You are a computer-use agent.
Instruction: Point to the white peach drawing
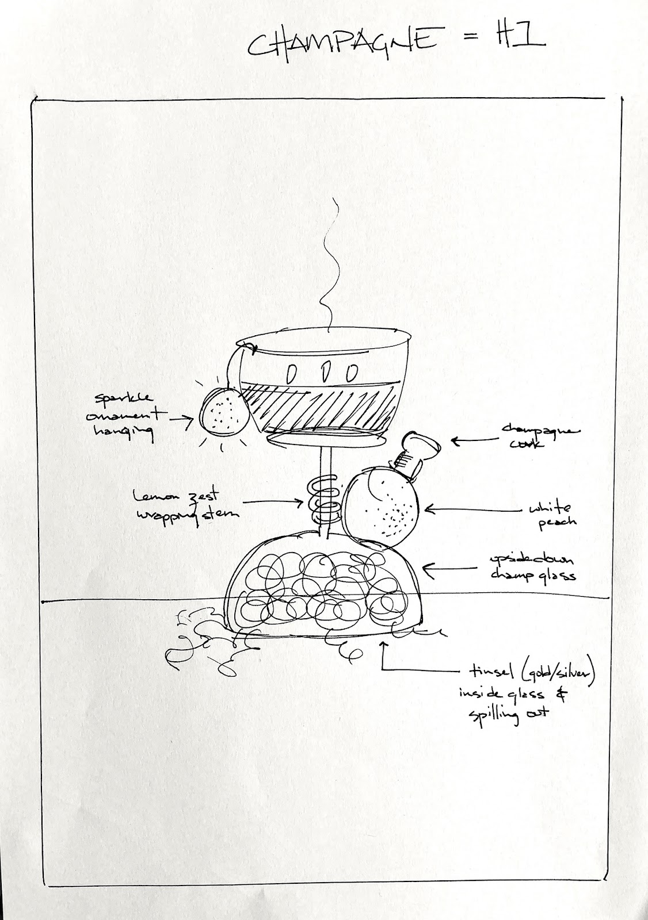383,506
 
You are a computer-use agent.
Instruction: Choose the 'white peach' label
550,514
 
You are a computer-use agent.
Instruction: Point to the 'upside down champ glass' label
532,567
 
